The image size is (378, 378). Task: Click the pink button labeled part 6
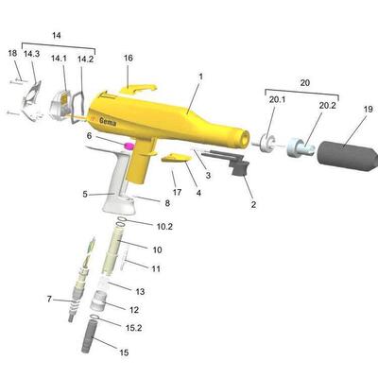[129, 146]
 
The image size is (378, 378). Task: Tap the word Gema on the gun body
[108, 121]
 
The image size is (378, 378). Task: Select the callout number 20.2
[328, 106]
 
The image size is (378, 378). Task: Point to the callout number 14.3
[31, 54]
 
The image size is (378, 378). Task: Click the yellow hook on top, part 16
[138, 90]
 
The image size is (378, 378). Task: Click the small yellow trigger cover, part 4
[176, 158]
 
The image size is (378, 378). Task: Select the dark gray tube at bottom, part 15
[89, 335]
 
